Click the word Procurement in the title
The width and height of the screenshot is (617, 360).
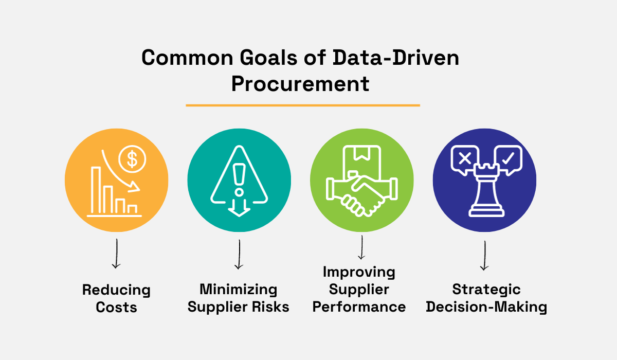tap(300, 84)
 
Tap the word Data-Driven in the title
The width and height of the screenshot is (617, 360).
tap(394, 58)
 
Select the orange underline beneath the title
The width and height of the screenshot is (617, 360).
tap(303, 105)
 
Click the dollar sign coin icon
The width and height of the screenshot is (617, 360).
tap(132, 160)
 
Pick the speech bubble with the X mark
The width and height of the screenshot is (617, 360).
tap(464, 158)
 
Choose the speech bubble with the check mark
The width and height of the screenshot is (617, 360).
tap(507, 158)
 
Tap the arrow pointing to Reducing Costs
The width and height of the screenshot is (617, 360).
tap(116, 255)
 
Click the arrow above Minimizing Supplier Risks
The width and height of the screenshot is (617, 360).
tap(239, 255)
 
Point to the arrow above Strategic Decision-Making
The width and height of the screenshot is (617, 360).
tap(484, 256)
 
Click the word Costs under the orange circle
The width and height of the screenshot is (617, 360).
tap(116, 307)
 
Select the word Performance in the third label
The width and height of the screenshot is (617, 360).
tap(359, 307)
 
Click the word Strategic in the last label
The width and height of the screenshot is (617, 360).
tap(486, 290)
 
